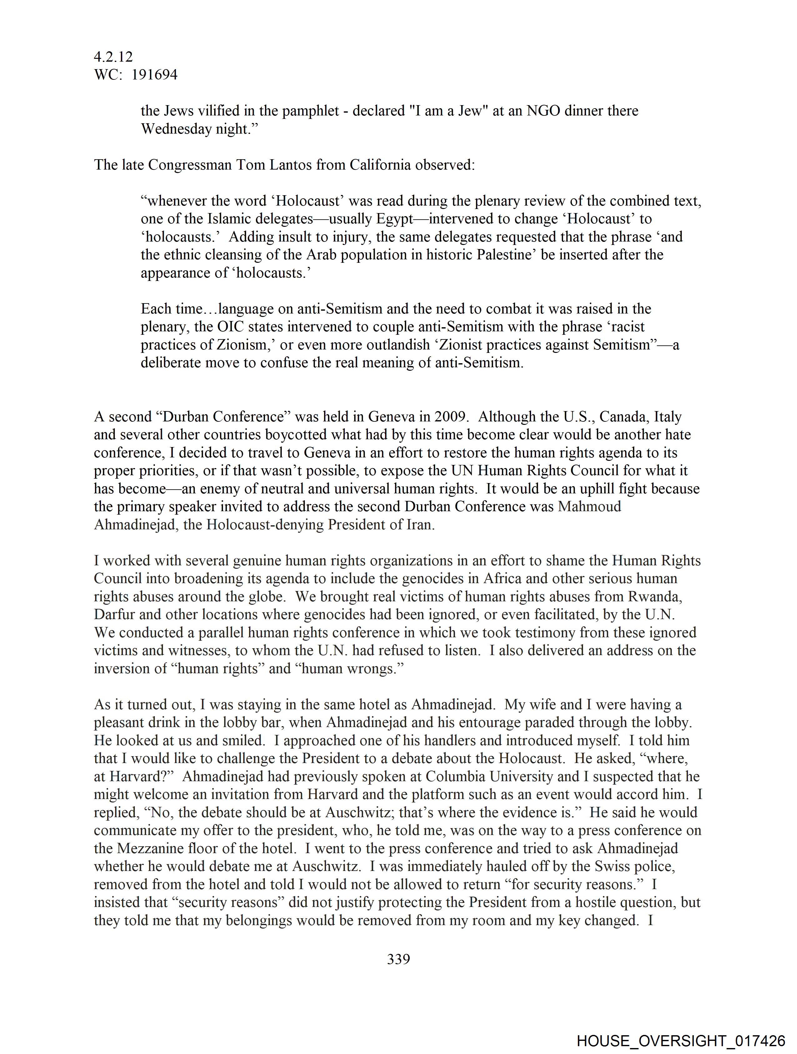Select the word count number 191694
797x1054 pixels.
coord(154,75)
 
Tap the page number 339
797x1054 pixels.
coord(398,959)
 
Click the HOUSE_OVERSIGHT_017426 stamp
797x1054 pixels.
coord(681,1040)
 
